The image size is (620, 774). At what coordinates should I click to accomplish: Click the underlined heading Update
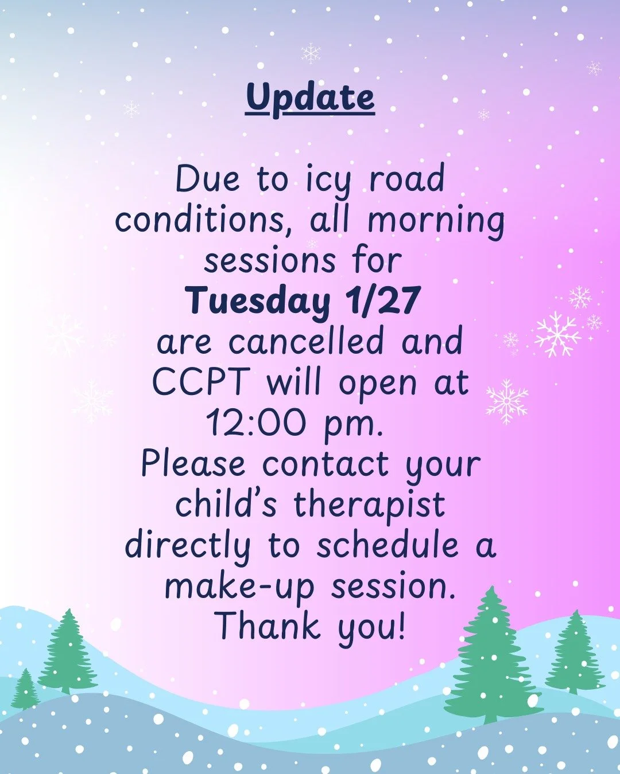click(310, 97)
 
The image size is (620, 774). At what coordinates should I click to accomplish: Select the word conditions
click(205, 221)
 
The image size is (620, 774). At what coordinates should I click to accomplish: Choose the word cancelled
click(306, 342)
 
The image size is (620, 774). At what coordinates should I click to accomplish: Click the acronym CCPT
click(201, 382)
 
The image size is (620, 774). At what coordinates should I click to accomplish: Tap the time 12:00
click(255, 423)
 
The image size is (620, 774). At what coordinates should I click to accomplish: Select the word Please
click(193, 464)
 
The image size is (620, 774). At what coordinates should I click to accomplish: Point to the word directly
click(188, 546)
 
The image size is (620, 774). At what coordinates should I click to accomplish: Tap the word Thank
click(269, 626)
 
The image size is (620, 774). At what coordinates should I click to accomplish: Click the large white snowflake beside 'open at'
click(507, 401)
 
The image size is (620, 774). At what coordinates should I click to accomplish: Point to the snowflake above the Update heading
click(311, 53)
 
